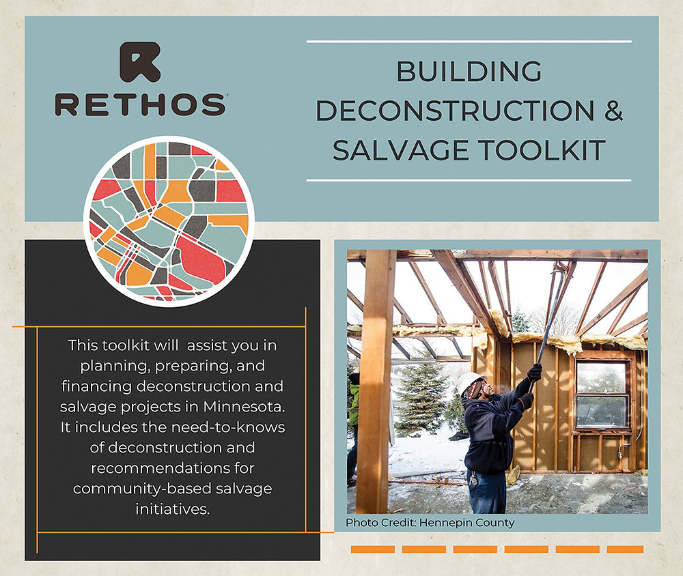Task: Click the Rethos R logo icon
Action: coord(140,62)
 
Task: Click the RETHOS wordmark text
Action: coord(140,104)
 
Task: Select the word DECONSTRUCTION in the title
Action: coord(454,111)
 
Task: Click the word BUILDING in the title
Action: coord(469,71)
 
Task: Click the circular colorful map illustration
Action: coord(169,220)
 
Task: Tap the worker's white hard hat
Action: coord(469,383)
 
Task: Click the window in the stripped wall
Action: coord(602,394)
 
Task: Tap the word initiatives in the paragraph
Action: coord(171,509)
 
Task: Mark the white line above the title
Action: coord(469,42)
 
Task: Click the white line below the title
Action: coord(469,180)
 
